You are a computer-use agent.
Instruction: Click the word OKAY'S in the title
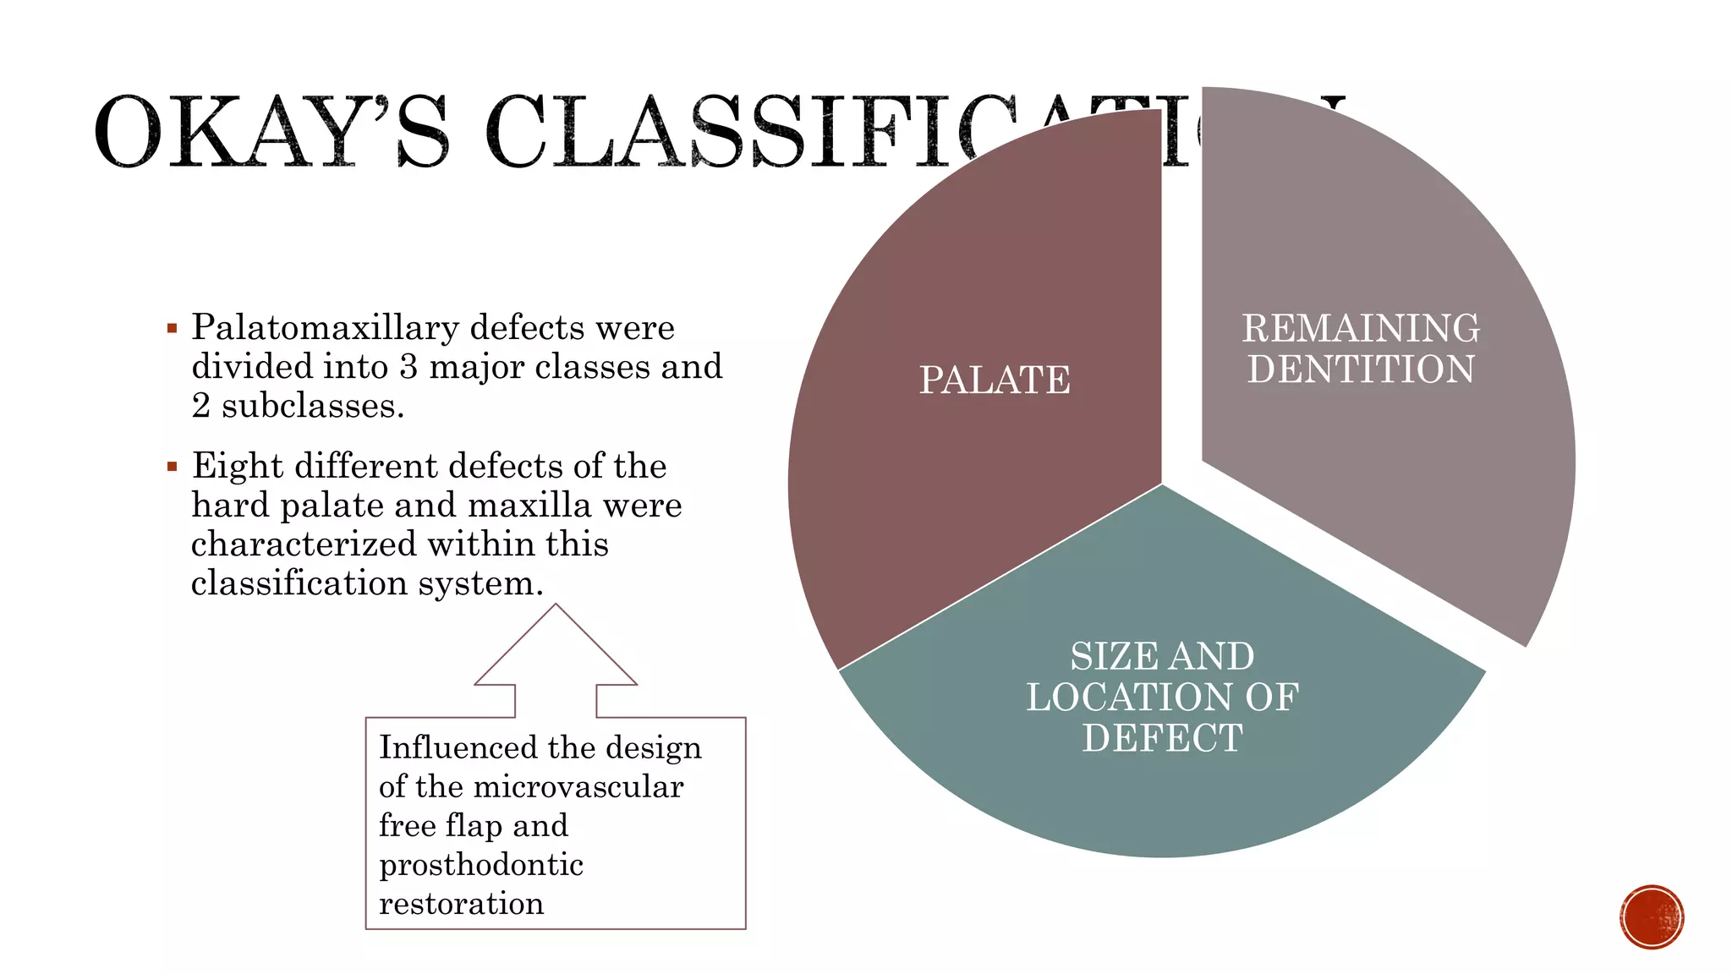tap(271, 133)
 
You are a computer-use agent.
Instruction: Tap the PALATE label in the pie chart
tap(995, 380)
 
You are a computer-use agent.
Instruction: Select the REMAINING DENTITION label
tap(1361, 348)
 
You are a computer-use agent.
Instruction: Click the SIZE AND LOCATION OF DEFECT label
tap(1162, 697)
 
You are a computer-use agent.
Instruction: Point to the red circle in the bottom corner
tap(1652, 917)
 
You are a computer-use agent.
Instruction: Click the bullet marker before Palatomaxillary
tap(173, 328)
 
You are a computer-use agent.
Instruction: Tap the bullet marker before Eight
tap(173, 466)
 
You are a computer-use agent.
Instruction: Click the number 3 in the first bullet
tap(408, 367)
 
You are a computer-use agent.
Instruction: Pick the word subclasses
tap(313, 406)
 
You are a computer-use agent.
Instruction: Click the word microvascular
tap(578, 787)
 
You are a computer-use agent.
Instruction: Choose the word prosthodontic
tap(481, 865)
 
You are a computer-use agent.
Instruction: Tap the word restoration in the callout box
tap(462, 904)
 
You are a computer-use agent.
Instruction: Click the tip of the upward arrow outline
tap(556, 606)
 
